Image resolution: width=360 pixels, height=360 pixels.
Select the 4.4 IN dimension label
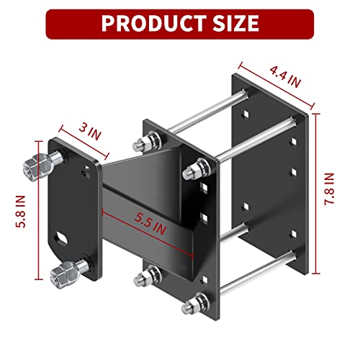point(282,75)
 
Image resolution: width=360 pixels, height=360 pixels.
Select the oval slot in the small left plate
point(60,235)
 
